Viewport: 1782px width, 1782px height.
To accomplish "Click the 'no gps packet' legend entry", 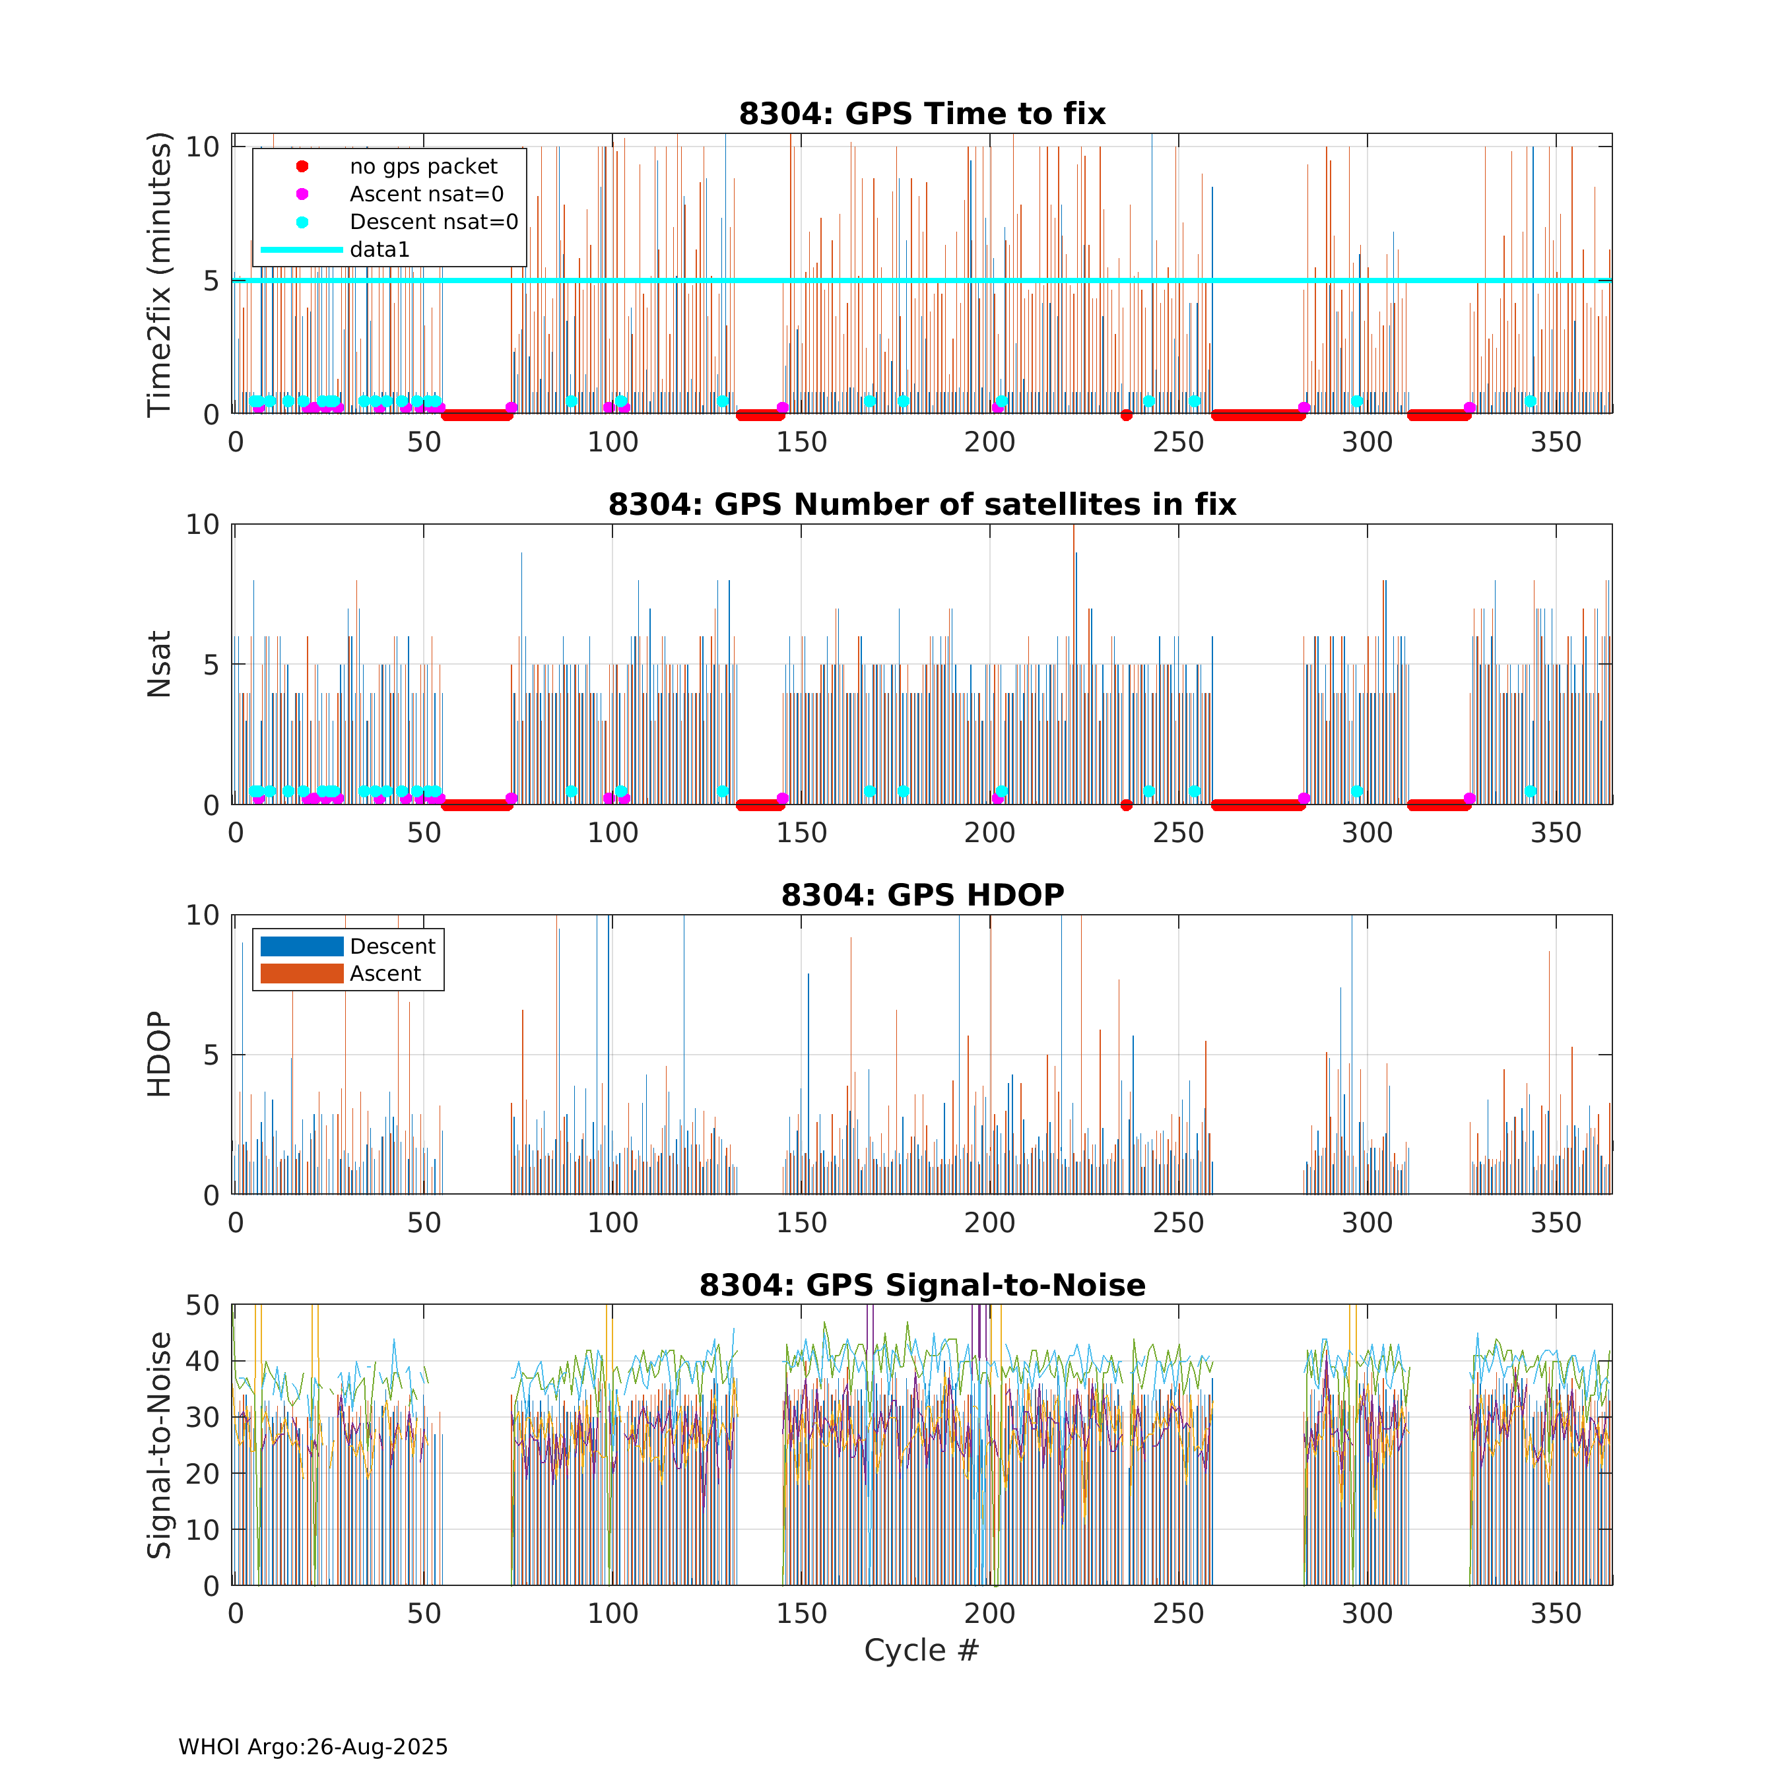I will [x=422, y=167].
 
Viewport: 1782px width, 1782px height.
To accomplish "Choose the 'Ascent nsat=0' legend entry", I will [x=426, y=195].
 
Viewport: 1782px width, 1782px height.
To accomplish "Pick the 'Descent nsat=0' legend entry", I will [x=434, y=222].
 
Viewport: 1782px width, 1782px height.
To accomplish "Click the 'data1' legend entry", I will [x=379, y=250].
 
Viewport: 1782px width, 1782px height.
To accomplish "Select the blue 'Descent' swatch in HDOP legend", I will [x=302, y=946].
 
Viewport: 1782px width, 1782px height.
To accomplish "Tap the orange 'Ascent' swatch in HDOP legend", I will [x=302, y=974].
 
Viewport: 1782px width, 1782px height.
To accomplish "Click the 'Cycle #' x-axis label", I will [x=921, y=1650].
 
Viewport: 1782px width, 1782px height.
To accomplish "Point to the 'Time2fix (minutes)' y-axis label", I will [x=160, y=275].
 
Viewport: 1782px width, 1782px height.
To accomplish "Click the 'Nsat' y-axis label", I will [x=160, y=664].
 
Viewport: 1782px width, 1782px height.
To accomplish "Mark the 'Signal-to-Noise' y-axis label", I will [x=160, y=1445].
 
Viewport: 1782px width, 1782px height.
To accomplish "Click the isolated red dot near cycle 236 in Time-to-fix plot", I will [x=1126, y=415].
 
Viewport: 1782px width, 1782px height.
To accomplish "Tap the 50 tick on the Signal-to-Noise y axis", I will [x=203, y=1305].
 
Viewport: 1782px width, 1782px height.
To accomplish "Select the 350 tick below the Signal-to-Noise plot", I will [x=1556, y=1613].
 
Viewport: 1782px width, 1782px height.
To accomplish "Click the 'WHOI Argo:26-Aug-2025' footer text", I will [x=313, y=1747].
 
